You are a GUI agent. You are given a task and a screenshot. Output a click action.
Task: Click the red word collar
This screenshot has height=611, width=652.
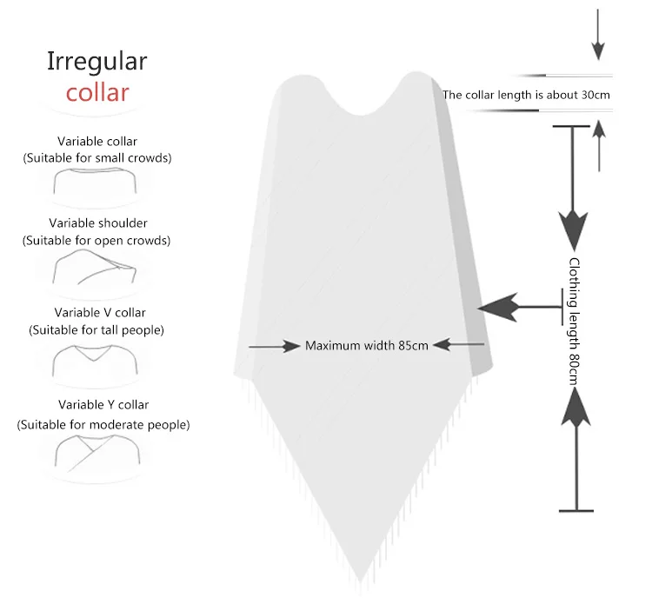(x=97, y=92)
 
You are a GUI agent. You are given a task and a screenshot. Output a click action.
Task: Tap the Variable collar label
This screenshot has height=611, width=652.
(x=97, y=142)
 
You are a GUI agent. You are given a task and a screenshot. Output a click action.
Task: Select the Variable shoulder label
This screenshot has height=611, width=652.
(x=98, y=223)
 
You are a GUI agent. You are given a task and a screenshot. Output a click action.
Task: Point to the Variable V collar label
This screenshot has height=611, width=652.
(x=100, y=313)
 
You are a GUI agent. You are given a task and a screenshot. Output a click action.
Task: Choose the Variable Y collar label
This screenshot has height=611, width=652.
(x=103, y=405)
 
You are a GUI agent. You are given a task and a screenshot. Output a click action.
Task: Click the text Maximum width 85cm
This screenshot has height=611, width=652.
(x=367, y=346)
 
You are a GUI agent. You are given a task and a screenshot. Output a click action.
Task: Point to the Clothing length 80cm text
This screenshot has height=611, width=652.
(x=574, y=322)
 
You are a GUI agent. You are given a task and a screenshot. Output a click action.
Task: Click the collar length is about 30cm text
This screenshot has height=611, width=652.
(x=526, y=95)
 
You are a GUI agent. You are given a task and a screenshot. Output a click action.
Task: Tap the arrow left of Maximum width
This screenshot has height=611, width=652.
(x=274, y=346)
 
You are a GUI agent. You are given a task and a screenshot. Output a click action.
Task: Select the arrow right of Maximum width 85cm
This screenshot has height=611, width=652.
(x=459, y=344)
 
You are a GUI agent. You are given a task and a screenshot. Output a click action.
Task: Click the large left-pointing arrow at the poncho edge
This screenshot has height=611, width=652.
(x=520, y=307)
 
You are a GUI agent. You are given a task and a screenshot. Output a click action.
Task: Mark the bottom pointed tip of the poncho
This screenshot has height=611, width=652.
(x=360, y=581)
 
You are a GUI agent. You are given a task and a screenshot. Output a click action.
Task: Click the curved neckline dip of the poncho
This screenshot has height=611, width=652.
(x=361, y=114)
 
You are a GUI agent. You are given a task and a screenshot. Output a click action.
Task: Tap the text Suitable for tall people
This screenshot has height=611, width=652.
(x=96, y=330)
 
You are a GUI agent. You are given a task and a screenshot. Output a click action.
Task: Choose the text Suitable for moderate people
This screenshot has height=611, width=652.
(x=103, y=425)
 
